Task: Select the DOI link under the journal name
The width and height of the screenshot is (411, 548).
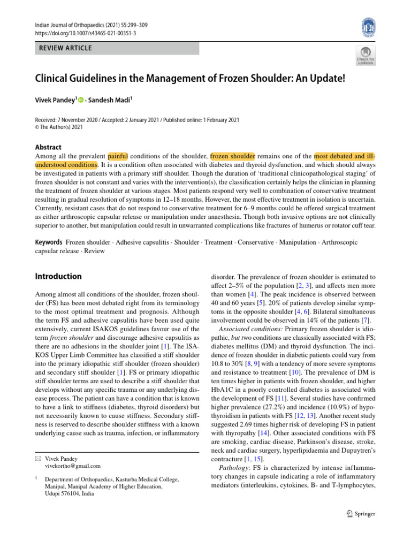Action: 85,33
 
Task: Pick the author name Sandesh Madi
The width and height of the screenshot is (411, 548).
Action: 114,99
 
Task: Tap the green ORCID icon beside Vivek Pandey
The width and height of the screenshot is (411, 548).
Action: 81,100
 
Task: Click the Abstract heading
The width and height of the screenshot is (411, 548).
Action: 48,147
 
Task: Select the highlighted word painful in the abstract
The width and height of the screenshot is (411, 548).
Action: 117,156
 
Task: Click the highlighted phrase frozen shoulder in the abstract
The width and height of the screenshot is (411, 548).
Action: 233,156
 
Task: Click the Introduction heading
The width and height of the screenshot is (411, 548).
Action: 58,277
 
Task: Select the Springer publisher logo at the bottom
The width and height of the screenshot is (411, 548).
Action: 360,514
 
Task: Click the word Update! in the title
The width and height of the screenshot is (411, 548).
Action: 328,78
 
